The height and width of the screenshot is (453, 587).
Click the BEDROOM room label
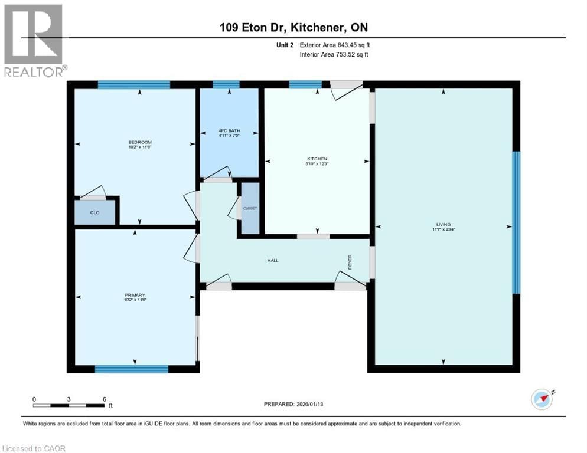point(140,142)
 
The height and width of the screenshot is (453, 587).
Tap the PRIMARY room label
point(135,295)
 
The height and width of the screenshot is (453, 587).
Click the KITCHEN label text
point(317,159)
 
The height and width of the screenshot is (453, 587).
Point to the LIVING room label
point(443,224)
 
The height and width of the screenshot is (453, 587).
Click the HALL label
point(272,260)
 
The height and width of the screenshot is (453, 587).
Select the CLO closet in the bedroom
point(94,212)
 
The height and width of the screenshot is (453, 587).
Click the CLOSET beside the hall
point(250,208)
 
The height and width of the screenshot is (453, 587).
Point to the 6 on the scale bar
point(104,399)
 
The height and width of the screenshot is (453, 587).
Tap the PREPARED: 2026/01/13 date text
point(295,404)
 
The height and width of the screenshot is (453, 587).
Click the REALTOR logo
point(33,40)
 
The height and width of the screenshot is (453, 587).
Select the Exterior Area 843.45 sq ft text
point(335,45)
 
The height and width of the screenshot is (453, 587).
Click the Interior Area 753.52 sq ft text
point(335,54)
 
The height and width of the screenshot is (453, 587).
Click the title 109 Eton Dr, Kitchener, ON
point(293,27)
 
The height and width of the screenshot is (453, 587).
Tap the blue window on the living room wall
point(516,222)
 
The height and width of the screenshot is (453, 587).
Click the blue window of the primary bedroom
point(131,369)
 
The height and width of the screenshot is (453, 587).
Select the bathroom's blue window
point(226,84)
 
